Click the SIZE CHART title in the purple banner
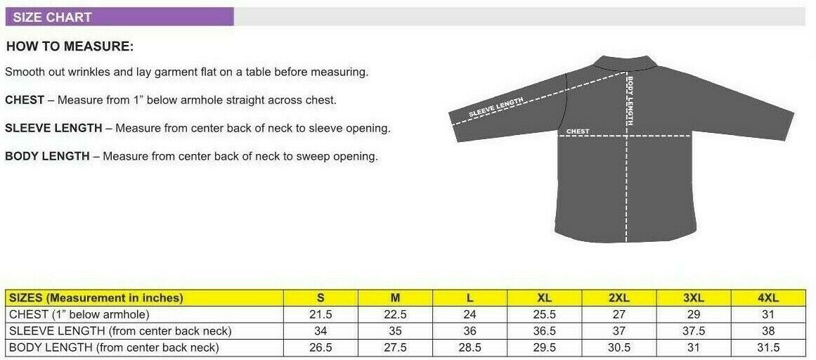click(52, 17)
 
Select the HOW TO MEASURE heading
click(70, 46)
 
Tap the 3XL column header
click(694, 298)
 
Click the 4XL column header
click(768, 298)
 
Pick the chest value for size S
click(320, 315)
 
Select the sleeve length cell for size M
click(395, 331)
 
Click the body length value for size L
click(470, 347)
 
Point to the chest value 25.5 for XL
click(544, 315)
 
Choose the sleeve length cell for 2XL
click(619, 331)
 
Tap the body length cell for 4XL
click(768, 347)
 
